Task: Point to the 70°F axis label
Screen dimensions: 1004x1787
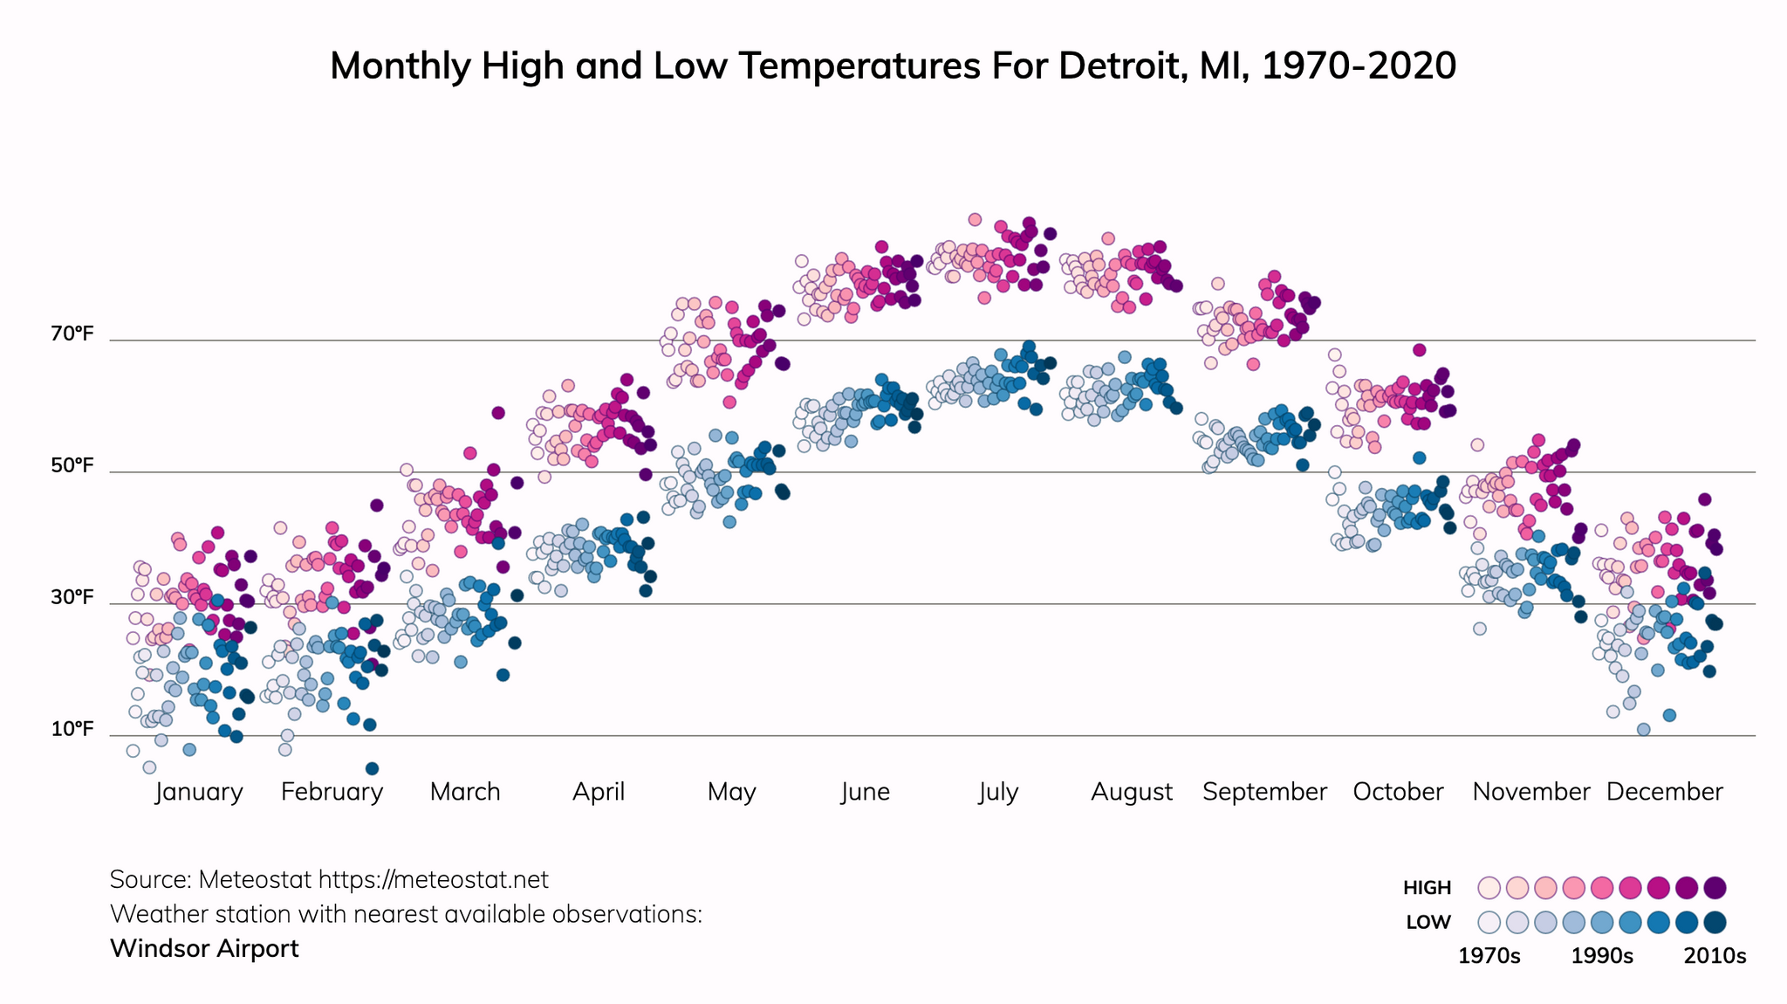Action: (x=72, y=334)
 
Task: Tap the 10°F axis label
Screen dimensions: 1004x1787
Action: (x=72, y=729)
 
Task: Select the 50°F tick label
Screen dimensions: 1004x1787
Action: (x=72, y=465)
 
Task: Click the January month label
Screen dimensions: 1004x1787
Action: (x=199, y=792)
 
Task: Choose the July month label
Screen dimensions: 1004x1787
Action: (x=998, y=792)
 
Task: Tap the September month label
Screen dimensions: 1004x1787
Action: (x=1264, y=792)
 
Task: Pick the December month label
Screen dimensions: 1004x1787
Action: (x=1664, y=792)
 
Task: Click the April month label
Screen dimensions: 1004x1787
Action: (x=599, y=792)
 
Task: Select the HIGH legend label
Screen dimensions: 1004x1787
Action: (x=1427, y=888)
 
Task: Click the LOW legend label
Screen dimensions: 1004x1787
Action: (x=1428, y=922)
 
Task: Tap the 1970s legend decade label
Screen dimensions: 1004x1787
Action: (x=1489, y=956)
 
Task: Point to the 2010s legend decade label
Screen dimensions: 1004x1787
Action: (x=1715, y=956)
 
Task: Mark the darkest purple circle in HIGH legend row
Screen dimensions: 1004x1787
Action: (x=1715, y=888)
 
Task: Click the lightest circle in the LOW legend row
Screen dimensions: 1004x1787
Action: (x=1489, y=922)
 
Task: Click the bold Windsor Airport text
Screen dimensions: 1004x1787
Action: (x=204, y=948)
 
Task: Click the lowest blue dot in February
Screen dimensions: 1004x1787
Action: (x=372, y=768)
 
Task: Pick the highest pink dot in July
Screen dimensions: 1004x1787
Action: (x=975, y=219)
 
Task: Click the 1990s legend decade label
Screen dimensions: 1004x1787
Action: (x=1602, y=956)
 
